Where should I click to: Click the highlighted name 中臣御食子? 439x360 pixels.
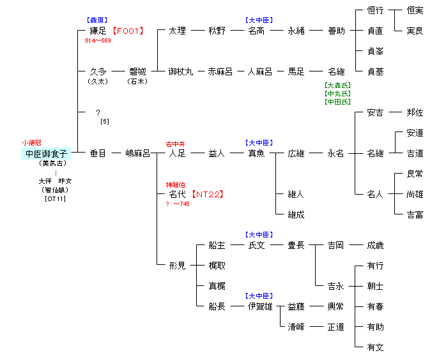45,153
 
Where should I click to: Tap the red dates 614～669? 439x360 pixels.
98,40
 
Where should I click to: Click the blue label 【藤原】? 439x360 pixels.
98,20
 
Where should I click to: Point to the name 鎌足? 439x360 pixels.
98,31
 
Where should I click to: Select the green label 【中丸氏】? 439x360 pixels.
337,94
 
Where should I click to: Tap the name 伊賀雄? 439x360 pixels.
260,306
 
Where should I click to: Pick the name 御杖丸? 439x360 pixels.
181,71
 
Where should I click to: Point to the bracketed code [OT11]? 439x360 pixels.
55,199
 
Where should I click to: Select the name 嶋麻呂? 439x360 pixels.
137,153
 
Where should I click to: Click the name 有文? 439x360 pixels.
375,347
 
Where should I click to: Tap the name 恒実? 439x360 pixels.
415,10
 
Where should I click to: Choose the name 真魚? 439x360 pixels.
256,153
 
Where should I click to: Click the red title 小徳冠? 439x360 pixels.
31,143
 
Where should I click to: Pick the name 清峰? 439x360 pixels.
296,327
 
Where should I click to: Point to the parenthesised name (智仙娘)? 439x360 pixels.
55,190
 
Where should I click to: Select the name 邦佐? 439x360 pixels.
415,112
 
